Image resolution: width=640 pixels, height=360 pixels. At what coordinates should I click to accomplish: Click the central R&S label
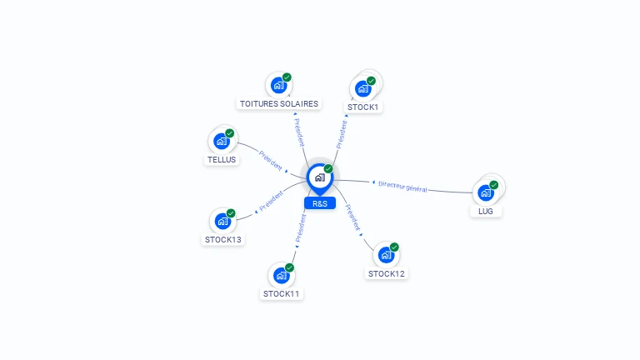tap(320, 203)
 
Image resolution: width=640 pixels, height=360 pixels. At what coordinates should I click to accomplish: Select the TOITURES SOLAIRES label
tap(278, 104)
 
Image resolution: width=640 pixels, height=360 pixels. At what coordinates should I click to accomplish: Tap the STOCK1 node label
tap(363, 107)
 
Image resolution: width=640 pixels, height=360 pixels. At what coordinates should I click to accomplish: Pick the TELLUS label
tap(222, 159)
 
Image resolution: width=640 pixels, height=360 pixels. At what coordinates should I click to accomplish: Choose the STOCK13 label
tap(223, 240)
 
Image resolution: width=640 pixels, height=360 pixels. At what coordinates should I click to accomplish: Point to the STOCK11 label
tap(282, 293)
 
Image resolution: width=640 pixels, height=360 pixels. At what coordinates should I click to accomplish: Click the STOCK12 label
tap(387, 273)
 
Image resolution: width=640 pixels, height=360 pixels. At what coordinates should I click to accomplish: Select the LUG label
tap(486, 212)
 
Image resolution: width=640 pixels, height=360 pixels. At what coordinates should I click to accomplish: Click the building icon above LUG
tap(485, 192)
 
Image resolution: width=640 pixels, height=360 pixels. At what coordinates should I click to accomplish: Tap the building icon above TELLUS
tap(222, 141)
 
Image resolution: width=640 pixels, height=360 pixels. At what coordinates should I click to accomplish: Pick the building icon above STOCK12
tap(386, 255)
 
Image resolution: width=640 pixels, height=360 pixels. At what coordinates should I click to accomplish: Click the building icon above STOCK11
tap(281, 275)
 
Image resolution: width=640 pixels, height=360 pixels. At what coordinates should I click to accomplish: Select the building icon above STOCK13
tap(222, 221)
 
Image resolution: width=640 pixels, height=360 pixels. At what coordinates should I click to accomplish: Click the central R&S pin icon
tap(319, 177)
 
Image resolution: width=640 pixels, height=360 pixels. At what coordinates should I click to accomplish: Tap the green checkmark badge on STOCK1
tap(371, 81)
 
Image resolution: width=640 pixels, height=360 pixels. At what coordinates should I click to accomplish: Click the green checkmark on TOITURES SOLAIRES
tap(287, 77)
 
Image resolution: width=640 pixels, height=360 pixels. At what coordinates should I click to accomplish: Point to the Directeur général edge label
tap(402, 186)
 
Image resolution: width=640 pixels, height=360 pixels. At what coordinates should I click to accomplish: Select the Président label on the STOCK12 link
tap(353, 217)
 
